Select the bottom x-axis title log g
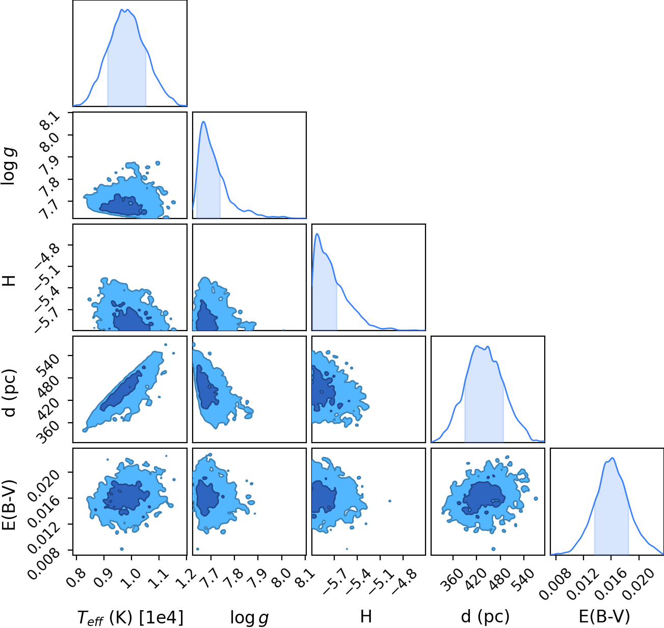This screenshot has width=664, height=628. coord(249,617)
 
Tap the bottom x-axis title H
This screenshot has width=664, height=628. coord(366,616)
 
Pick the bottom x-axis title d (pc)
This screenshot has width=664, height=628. coord(485,616)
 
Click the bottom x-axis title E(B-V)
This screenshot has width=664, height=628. coord(604,616)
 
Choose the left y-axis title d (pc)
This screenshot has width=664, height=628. coord(10,393)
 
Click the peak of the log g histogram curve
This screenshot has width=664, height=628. coord(203,122)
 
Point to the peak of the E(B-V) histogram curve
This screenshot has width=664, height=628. coord(613,458)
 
